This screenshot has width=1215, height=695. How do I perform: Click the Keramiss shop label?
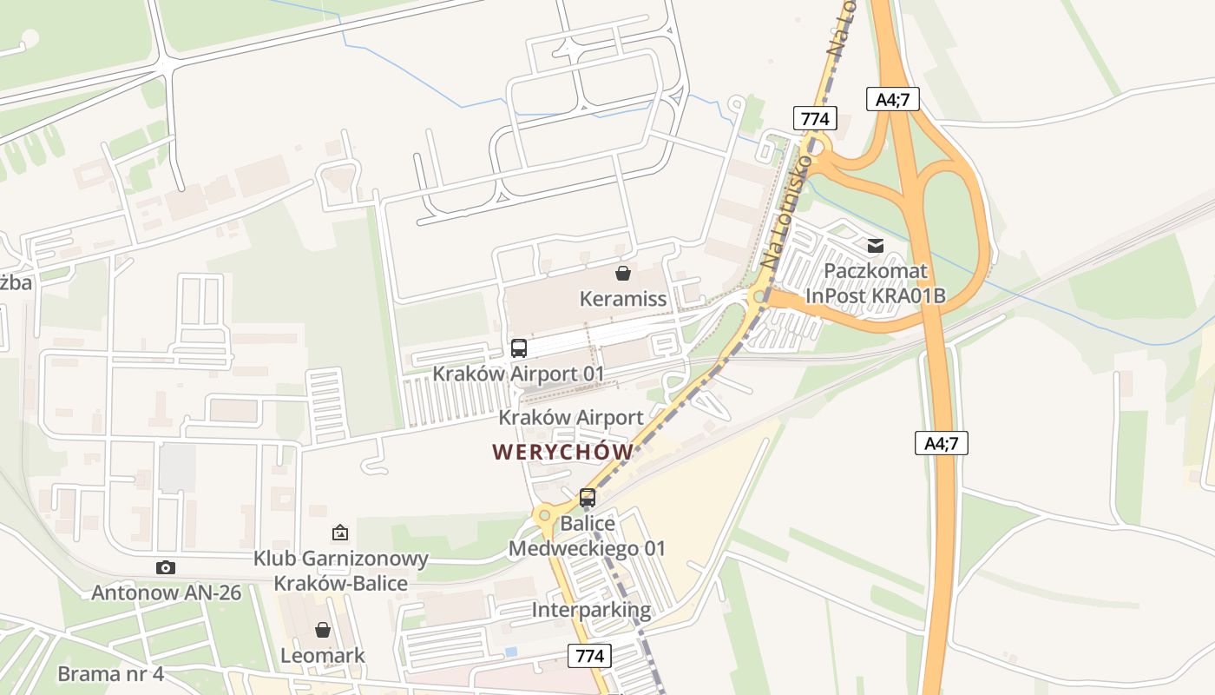coord(623,299)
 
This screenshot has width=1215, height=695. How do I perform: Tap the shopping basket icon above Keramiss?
coord(623,274)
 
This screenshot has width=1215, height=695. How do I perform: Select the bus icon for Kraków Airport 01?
coord(519,348)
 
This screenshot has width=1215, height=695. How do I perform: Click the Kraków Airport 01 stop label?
coord(518,374)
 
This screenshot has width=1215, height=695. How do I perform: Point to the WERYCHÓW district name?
coord(562,452)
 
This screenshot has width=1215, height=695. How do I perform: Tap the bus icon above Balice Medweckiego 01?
coord(588,498)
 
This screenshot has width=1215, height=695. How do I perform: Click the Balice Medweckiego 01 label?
coord(587,536)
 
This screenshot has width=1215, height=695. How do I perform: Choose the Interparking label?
coord(591,609)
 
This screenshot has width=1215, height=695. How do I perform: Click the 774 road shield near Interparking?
coord(590,655)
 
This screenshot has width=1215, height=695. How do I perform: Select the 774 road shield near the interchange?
coord(815,118)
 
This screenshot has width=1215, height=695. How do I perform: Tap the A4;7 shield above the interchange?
coord(892,99)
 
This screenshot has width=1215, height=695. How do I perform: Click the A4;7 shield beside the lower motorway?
coord(942,443)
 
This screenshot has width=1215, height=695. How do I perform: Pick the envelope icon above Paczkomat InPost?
coord(875,246)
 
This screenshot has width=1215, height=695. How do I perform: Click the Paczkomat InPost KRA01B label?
coord(875,284)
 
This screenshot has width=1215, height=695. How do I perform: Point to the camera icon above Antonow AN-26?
coord(165,568)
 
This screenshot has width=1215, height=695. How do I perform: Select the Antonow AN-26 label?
coord(167,593)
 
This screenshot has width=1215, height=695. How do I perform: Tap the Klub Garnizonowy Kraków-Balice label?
coord(341,570)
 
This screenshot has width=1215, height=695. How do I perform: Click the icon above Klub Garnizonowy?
coord(340,533)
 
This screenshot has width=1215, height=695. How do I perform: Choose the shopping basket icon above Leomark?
coord(323,629)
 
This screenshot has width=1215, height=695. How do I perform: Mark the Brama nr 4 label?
coord(110,673)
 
